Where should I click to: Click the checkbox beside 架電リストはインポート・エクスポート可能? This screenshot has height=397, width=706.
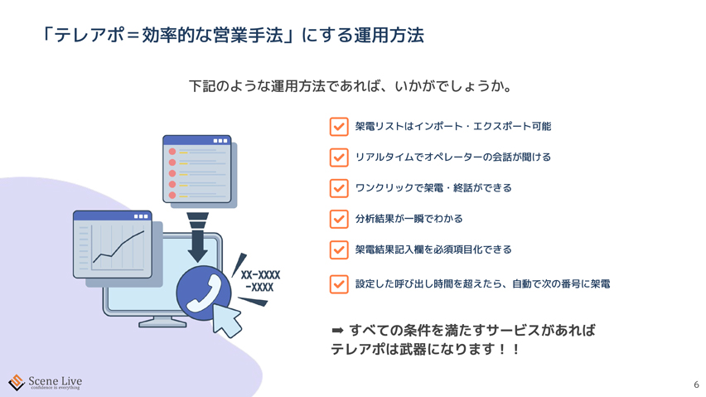coord(339,127)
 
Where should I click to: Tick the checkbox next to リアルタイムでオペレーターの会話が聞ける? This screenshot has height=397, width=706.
coord(339,157)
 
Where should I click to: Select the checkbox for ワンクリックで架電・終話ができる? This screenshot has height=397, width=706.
coord(339,188)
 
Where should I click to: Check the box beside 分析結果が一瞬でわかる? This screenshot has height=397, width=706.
coord(339,219)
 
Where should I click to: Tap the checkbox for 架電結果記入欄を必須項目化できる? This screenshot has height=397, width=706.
coord(339,249)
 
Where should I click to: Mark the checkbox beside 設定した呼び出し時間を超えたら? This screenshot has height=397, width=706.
coord(339,284)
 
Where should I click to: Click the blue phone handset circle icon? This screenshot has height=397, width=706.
coord(204,293)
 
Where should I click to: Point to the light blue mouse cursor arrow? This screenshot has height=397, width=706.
coord(226,320)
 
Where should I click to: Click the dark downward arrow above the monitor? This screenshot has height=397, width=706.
coord(198,238)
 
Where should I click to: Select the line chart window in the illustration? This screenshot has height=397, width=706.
coord(113,244)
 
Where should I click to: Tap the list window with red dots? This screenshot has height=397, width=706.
coord(197,169)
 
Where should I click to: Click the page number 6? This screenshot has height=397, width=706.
coord(696,385)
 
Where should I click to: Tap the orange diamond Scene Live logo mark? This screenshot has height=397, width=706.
coord(17,383)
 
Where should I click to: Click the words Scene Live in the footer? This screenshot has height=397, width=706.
coord(55,380)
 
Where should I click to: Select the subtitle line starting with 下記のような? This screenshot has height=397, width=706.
coord(351,86)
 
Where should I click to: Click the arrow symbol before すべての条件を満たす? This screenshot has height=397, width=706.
coord(338,331)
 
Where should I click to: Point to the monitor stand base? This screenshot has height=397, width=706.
coord(162,322)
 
